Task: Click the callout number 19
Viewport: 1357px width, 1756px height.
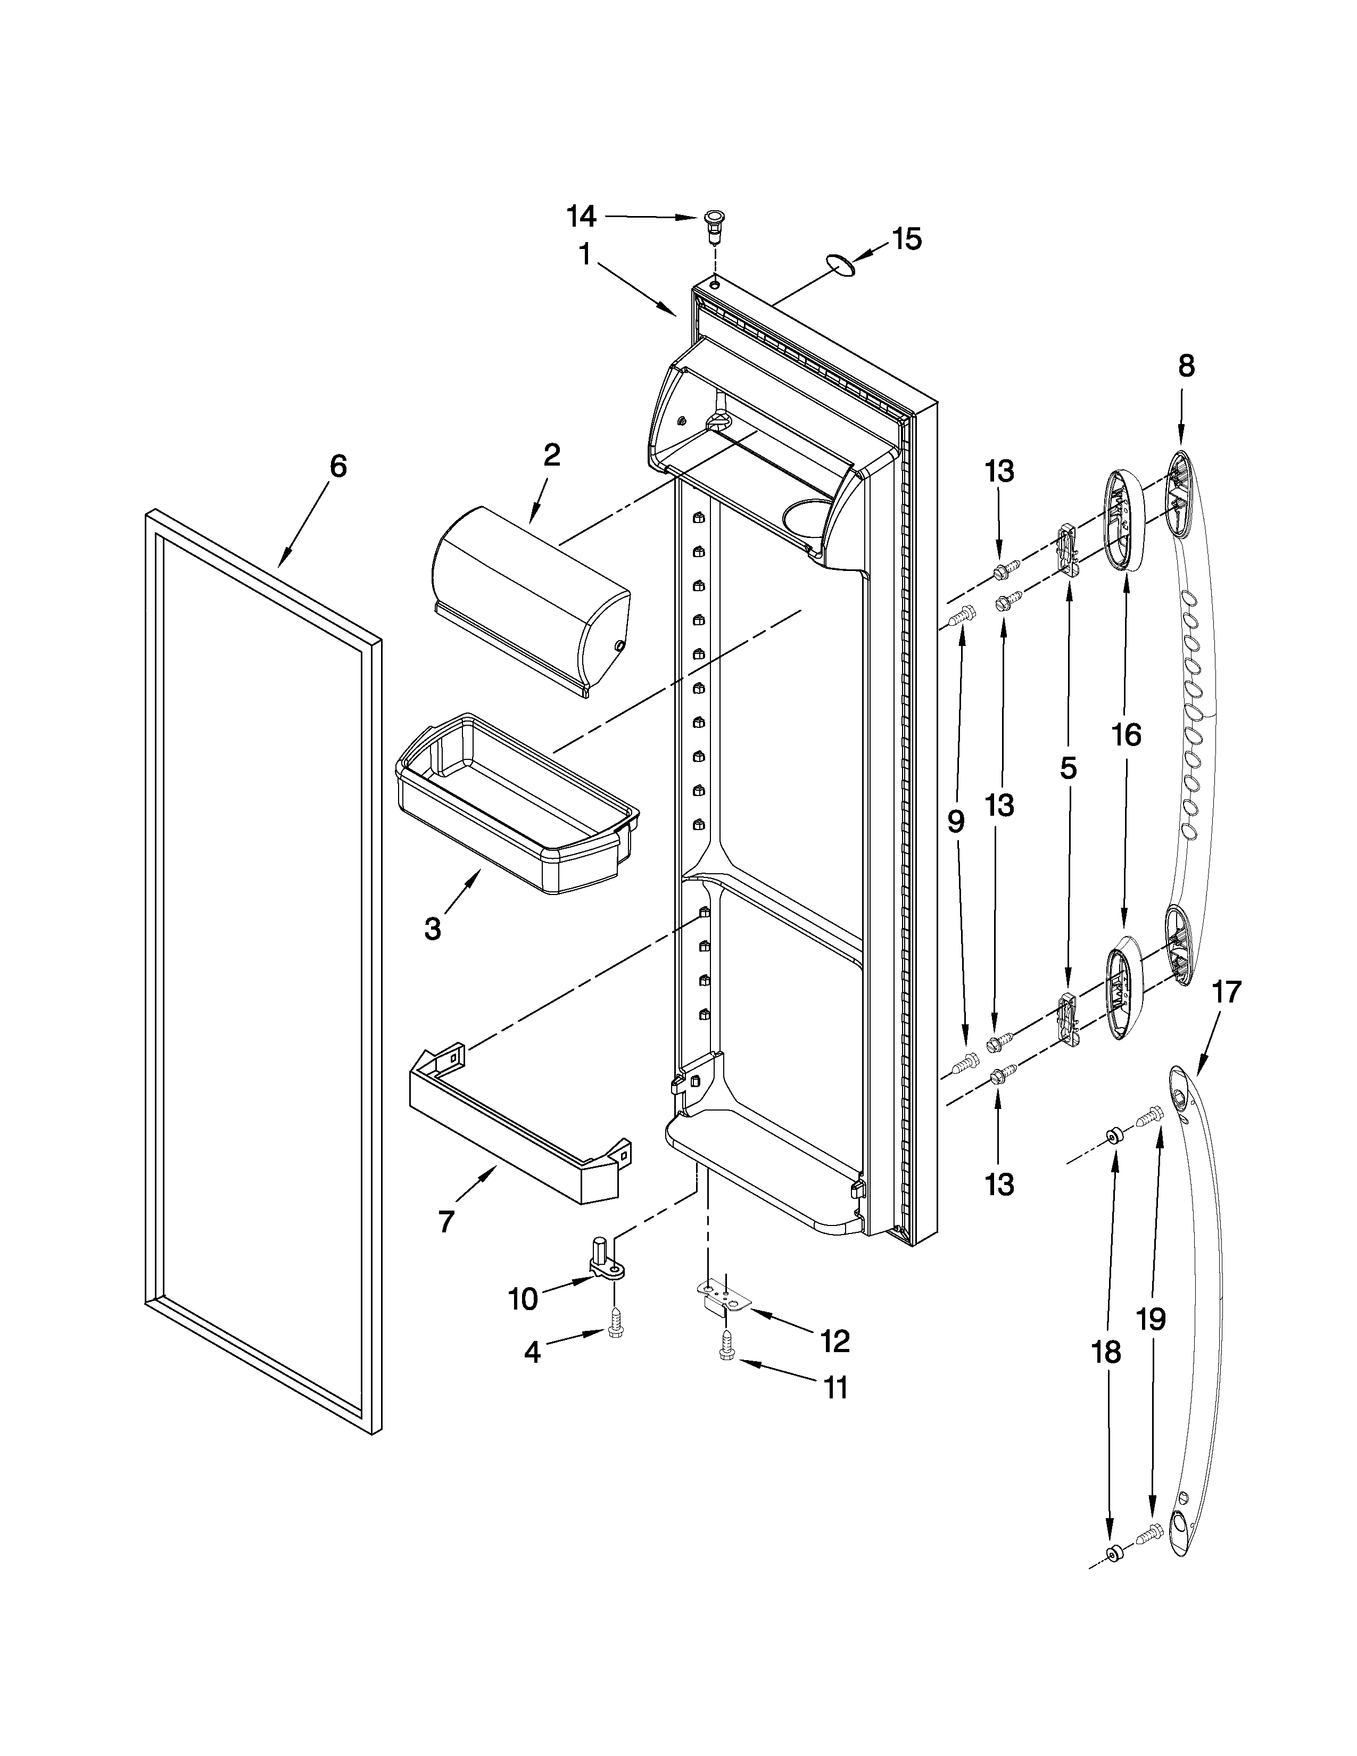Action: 1151,1319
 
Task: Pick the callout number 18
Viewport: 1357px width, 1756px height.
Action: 1107,1353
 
